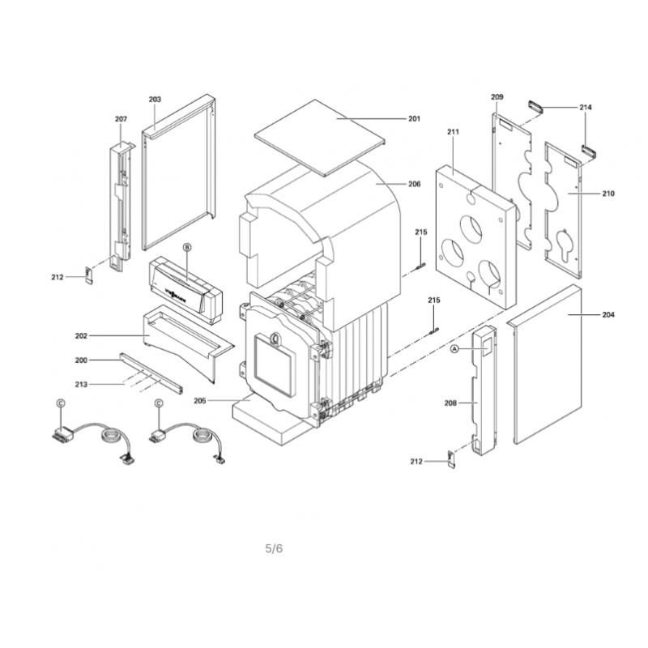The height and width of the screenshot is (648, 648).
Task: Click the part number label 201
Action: pos(414,119)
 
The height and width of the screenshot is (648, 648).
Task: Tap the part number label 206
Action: pos(415,184)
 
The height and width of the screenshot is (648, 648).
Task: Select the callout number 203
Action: pos(155,99)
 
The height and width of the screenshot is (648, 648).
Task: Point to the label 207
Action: pos(121,119)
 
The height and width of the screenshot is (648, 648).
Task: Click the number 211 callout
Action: pos(453,132)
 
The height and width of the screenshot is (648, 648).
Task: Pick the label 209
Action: pos(497,97)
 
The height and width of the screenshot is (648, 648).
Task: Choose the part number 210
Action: pos(608,194)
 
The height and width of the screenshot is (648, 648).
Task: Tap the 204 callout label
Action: pos(608,315)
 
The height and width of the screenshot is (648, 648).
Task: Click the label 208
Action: pos(450,403)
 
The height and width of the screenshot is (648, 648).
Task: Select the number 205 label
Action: pos(200,401)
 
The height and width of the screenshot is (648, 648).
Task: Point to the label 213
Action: pos(81,385)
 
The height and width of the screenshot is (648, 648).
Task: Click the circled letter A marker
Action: pos(454,350)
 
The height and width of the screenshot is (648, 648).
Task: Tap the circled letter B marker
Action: pos(187,248)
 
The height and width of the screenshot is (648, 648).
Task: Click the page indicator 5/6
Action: pos(274,549)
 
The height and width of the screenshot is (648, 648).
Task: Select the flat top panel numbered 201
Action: pos(320,137)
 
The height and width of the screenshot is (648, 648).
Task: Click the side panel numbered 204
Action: pos(545,364)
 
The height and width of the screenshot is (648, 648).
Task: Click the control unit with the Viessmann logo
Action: pos(185,290)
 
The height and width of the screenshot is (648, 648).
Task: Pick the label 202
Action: pos(82,336)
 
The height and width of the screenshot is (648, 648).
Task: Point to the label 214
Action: pos(585,108)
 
